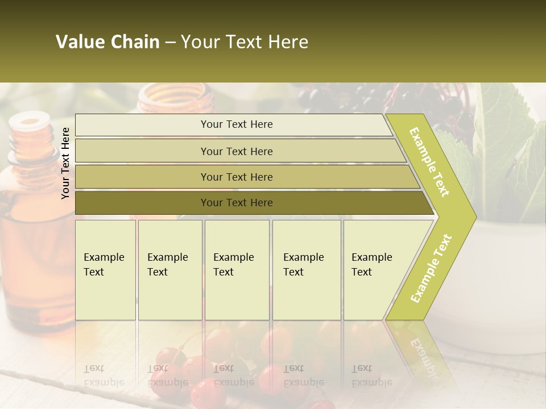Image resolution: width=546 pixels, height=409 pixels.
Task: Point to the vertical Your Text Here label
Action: [65, 163]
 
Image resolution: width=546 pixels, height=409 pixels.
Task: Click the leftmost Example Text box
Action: [105, 270]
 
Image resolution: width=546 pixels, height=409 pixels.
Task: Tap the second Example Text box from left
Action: [170, 270]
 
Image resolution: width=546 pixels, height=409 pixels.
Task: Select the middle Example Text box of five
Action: [237, 270]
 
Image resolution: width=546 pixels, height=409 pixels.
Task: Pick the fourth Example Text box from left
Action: [307, 270]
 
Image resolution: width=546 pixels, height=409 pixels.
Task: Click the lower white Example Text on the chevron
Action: [431, 268]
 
